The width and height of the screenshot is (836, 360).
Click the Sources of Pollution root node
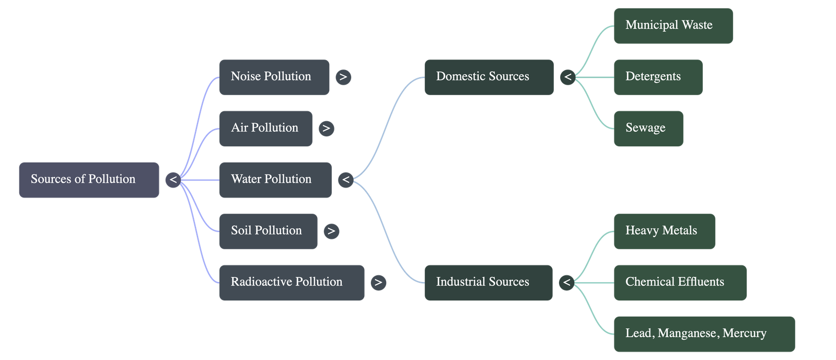pos(89,179)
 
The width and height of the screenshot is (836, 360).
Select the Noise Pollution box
pos(274,77)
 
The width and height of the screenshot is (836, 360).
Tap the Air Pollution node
pos(265,128)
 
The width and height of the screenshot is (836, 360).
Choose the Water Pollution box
pos(275,179)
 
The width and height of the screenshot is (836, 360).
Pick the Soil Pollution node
pos(268,230)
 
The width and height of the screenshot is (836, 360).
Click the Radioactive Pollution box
pos(291,282)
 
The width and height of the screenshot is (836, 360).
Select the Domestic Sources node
pos(489,77)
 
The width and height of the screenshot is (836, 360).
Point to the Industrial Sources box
pos(488,282)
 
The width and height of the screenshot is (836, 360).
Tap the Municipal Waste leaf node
pos(673,25)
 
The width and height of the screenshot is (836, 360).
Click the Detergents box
pos(658,77)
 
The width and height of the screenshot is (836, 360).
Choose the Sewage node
pos(648,128)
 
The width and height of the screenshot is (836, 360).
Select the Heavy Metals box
pos(664,230)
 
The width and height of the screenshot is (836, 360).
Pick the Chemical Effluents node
pos(680,282)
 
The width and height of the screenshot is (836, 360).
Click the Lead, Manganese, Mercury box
pos(704,333)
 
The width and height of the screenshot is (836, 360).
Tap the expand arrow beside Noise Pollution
pos(343,77)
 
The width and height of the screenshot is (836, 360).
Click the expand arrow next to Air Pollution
pos(326,129)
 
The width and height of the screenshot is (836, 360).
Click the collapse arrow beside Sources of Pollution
pos(173,180)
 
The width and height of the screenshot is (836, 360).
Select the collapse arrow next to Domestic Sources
pos(567,77)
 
